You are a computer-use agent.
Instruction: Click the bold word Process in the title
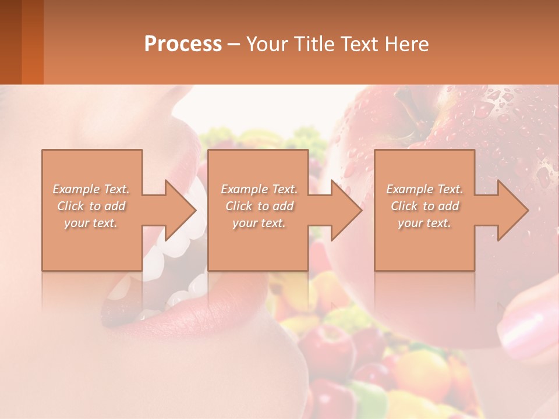tap(183, 44)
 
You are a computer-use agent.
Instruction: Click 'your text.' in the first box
tap(91, 223)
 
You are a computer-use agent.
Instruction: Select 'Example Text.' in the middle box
tap(259, 189)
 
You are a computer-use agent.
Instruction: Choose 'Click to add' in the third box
tap(424, 206)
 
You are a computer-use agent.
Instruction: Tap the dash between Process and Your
tap(234, 44)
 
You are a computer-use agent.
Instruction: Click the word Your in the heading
tap(266, 44)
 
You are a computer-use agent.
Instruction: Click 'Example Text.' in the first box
tap(91, 189)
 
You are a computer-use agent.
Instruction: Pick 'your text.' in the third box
tap(424, 223)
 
